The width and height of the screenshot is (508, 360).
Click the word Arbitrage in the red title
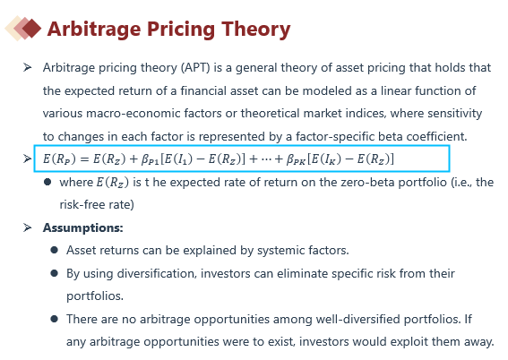point(94,30)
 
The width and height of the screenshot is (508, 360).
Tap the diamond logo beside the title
point(23,28)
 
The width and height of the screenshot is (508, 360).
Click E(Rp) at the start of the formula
point(59,159)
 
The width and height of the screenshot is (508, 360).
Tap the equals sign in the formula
point(84,159)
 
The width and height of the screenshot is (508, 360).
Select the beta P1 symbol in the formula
point(150,159)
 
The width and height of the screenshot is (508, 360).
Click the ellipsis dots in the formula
point(266,159)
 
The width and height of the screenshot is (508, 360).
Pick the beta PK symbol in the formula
point(296,159)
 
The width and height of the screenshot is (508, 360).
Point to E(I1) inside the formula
point(177,159)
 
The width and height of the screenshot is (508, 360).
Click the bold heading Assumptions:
point(83,228)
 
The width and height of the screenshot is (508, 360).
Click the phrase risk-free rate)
point(97,205)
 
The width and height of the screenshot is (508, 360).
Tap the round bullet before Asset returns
point(54,250)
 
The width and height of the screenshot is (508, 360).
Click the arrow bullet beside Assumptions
point(28,227)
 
